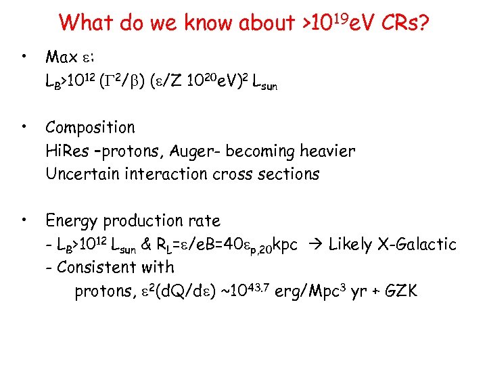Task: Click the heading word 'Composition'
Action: point(91,128)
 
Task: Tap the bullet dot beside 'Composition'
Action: point(24,126)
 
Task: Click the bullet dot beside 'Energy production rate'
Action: point(24,219)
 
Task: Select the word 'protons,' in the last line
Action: point(103,291)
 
